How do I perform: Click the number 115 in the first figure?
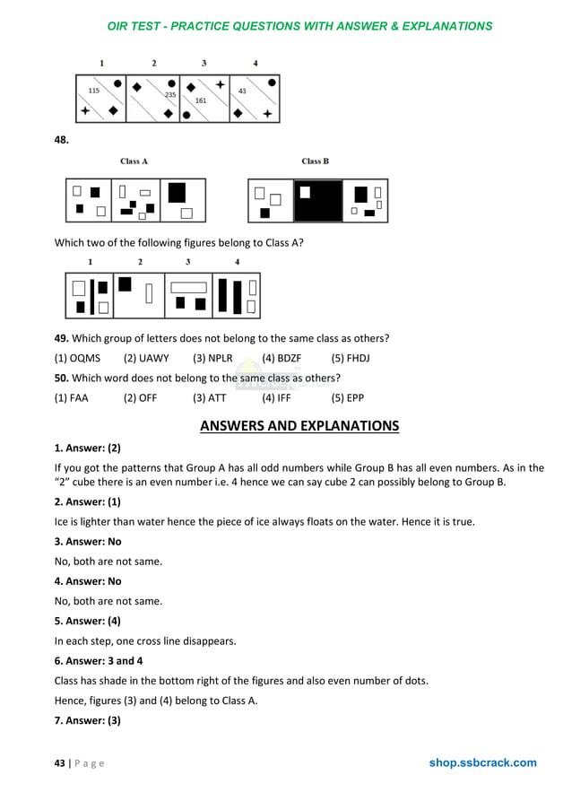[94, 91]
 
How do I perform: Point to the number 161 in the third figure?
[201, 100]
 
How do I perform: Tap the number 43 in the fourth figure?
[242, 91]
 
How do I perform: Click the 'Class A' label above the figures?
[134, 161]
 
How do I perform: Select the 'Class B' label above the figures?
[315, 161]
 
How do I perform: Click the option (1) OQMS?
[78, 358]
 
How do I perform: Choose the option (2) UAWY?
[146, 358]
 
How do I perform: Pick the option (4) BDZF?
[282, 358]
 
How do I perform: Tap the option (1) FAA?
[72, 397]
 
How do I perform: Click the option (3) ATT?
[210, 397]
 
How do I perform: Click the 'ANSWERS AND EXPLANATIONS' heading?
[299, 426]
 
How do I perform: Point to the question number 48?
[62, 140]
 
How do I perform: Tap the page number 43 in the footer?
[60, 763]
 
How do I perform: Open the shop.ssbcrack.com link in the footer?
[482, 763]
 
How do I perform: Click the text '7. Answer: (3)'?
[88, 720]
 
